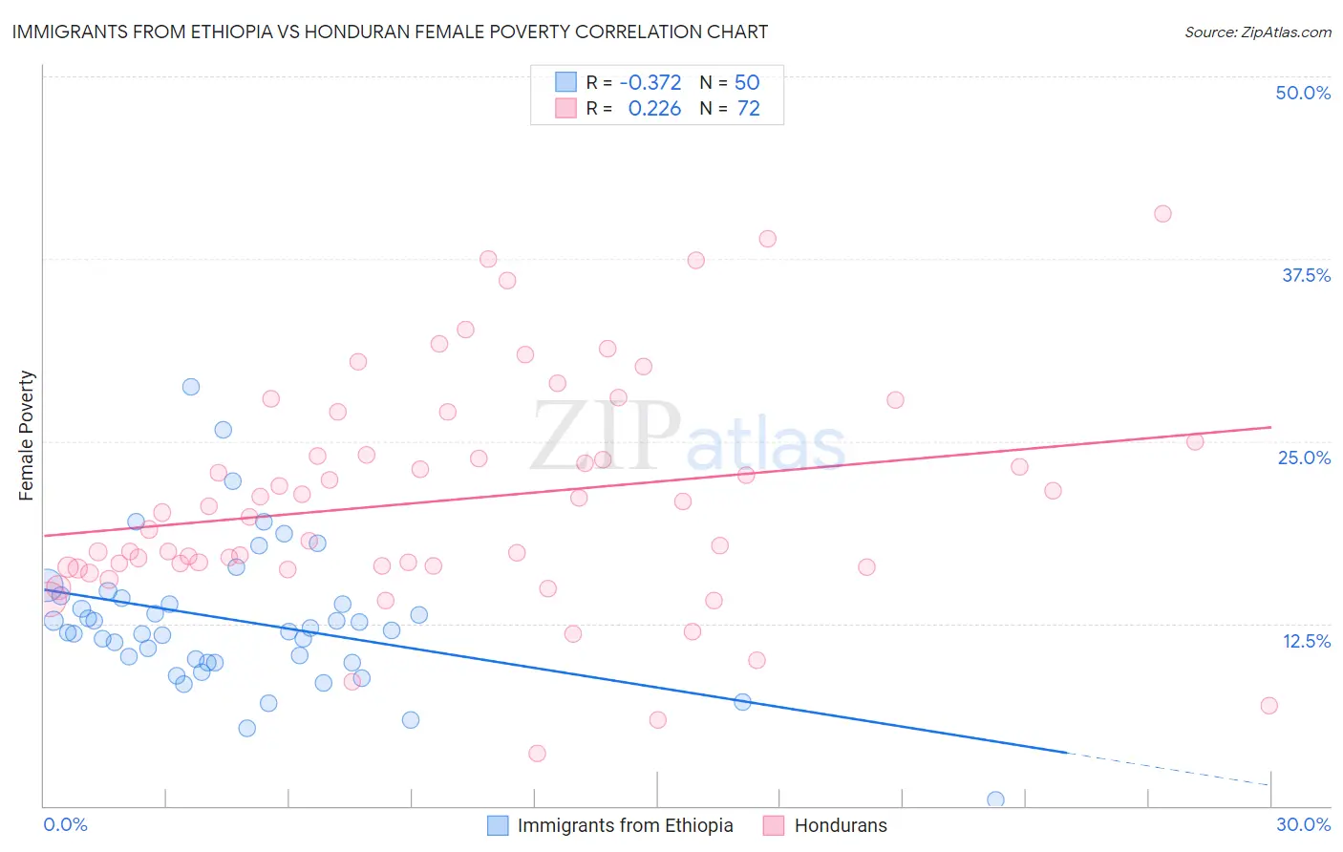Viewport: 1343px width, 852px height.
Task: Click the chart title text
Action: click(390, 32)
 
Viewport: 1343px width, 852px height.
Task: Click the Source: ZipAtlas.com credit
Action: click(1257, 32)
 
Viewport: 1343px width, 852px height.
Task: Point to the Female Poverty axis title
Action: click(26, 436)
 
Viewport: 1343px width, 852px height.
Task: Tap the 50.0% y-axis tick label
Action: click(1303, 93)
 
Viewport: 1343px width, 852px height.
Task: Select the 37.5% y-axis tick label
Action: click(1306, 275)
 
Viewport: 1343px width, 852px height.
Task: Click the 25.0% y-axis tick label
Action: click(1304, 458)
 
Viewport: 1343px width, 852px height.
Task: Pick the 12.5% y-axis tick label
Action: click(1306, 641)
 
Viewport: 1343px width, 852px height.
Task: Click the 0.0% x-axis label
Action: click(65, 824)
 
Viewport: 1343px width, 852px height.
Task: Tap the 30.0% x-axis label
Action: click(1303, 824)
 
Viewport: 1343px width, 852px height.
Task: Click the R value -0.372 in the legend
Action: click(650, 83)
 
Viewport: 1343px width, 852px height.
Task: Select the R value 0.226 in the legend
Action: click(654, 109)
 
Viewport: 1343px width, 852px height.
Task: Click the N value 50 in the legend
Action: click(747, 83)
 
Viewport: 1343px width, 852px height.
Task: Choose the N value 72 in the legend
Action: click(748, 109)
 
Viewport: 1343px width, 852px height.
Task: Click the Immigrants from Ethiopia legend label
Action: click(625, 825)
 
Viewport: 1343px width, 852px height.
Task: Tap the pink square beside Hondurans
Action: click(774, 825)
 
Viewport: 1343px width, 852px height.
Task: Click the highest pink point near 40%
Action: click(1162, 214)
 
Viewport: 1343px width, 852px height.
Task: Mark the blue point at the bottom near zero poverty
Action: click(995, 799)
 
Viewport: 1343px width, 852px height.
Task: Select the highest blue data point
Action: click(191, 387)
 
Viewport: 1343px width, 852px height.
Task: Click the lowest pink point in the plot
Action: click(537, 754)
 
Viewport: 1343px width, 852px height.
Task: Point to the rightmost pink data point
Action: click(1268, 706)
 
